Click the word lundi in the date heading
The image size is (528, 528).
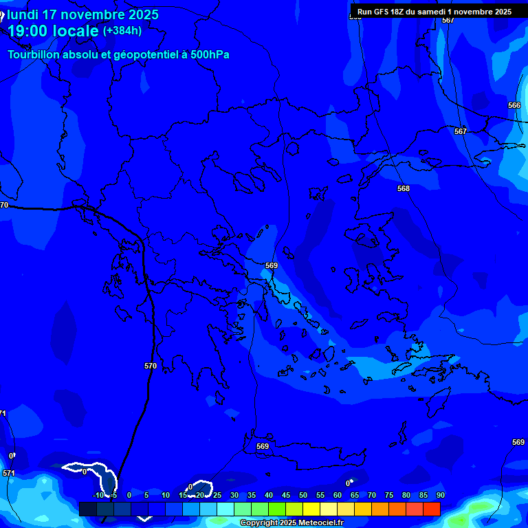pyautogui.click(x=23, y=14)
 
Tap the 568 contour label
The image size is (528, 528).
pyautogui.click(x=404, y=188)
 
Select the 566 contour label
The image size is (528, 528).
pyautogui.click(x=514, y=105)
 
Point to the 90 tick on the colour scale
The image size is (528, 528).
pyautogui.click(x=440, y=495)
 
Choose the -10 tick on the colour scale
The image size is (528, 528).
pyautogui.click(x=98, y=495)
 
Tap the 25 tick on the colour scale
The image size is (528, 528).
pyautogui.click(x=217, y=495)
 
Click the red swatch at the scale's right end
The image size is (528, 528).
pyautogui.click(x=431, y=509)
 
